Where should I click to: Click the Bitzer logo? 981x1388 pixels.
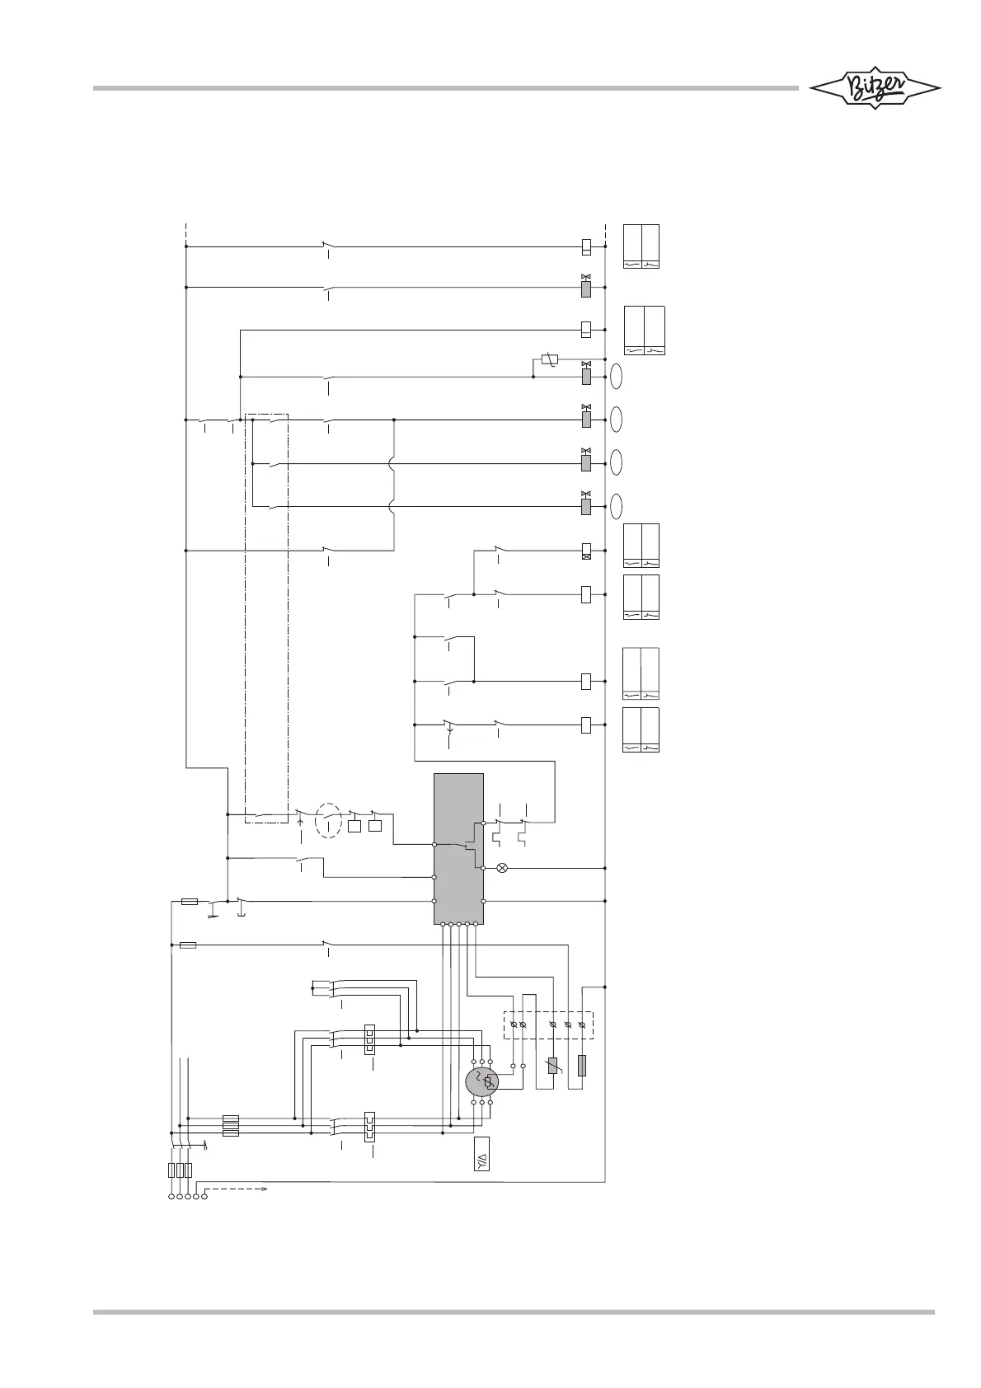pos(874,88)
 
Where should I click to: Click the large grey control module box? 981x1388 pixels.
pos(458,849)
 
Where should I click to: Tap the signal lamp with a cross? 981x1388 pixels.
pos(502,868)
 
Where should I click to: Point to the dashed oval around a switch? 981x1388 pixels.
pos(329,820)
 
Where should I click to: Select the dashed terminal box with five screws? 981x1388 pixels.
pos(548,1025)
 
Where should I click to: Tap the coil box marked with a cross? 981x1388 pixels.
pos(586,551)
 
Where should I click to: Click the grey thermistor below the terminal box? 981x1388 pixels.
pos(552,1066)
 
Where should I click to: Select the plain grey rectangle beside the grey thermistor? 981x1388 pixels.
pos(582,1065)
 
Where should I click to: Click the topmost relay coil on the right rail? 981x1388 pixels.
pos(586,246)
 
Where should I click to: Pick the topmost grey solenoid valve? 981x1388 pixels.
pos(586,288)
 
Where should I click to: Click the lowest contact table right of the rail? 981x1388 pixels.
pos(641,729)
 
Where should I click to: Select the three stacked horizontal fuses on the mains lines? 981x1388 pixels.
pos(232,1126)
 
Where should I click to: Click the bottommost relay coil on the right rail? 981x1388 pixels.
pos(586,724)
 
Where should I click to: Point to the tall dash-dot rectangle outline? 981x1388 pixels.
pos(267,618)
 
